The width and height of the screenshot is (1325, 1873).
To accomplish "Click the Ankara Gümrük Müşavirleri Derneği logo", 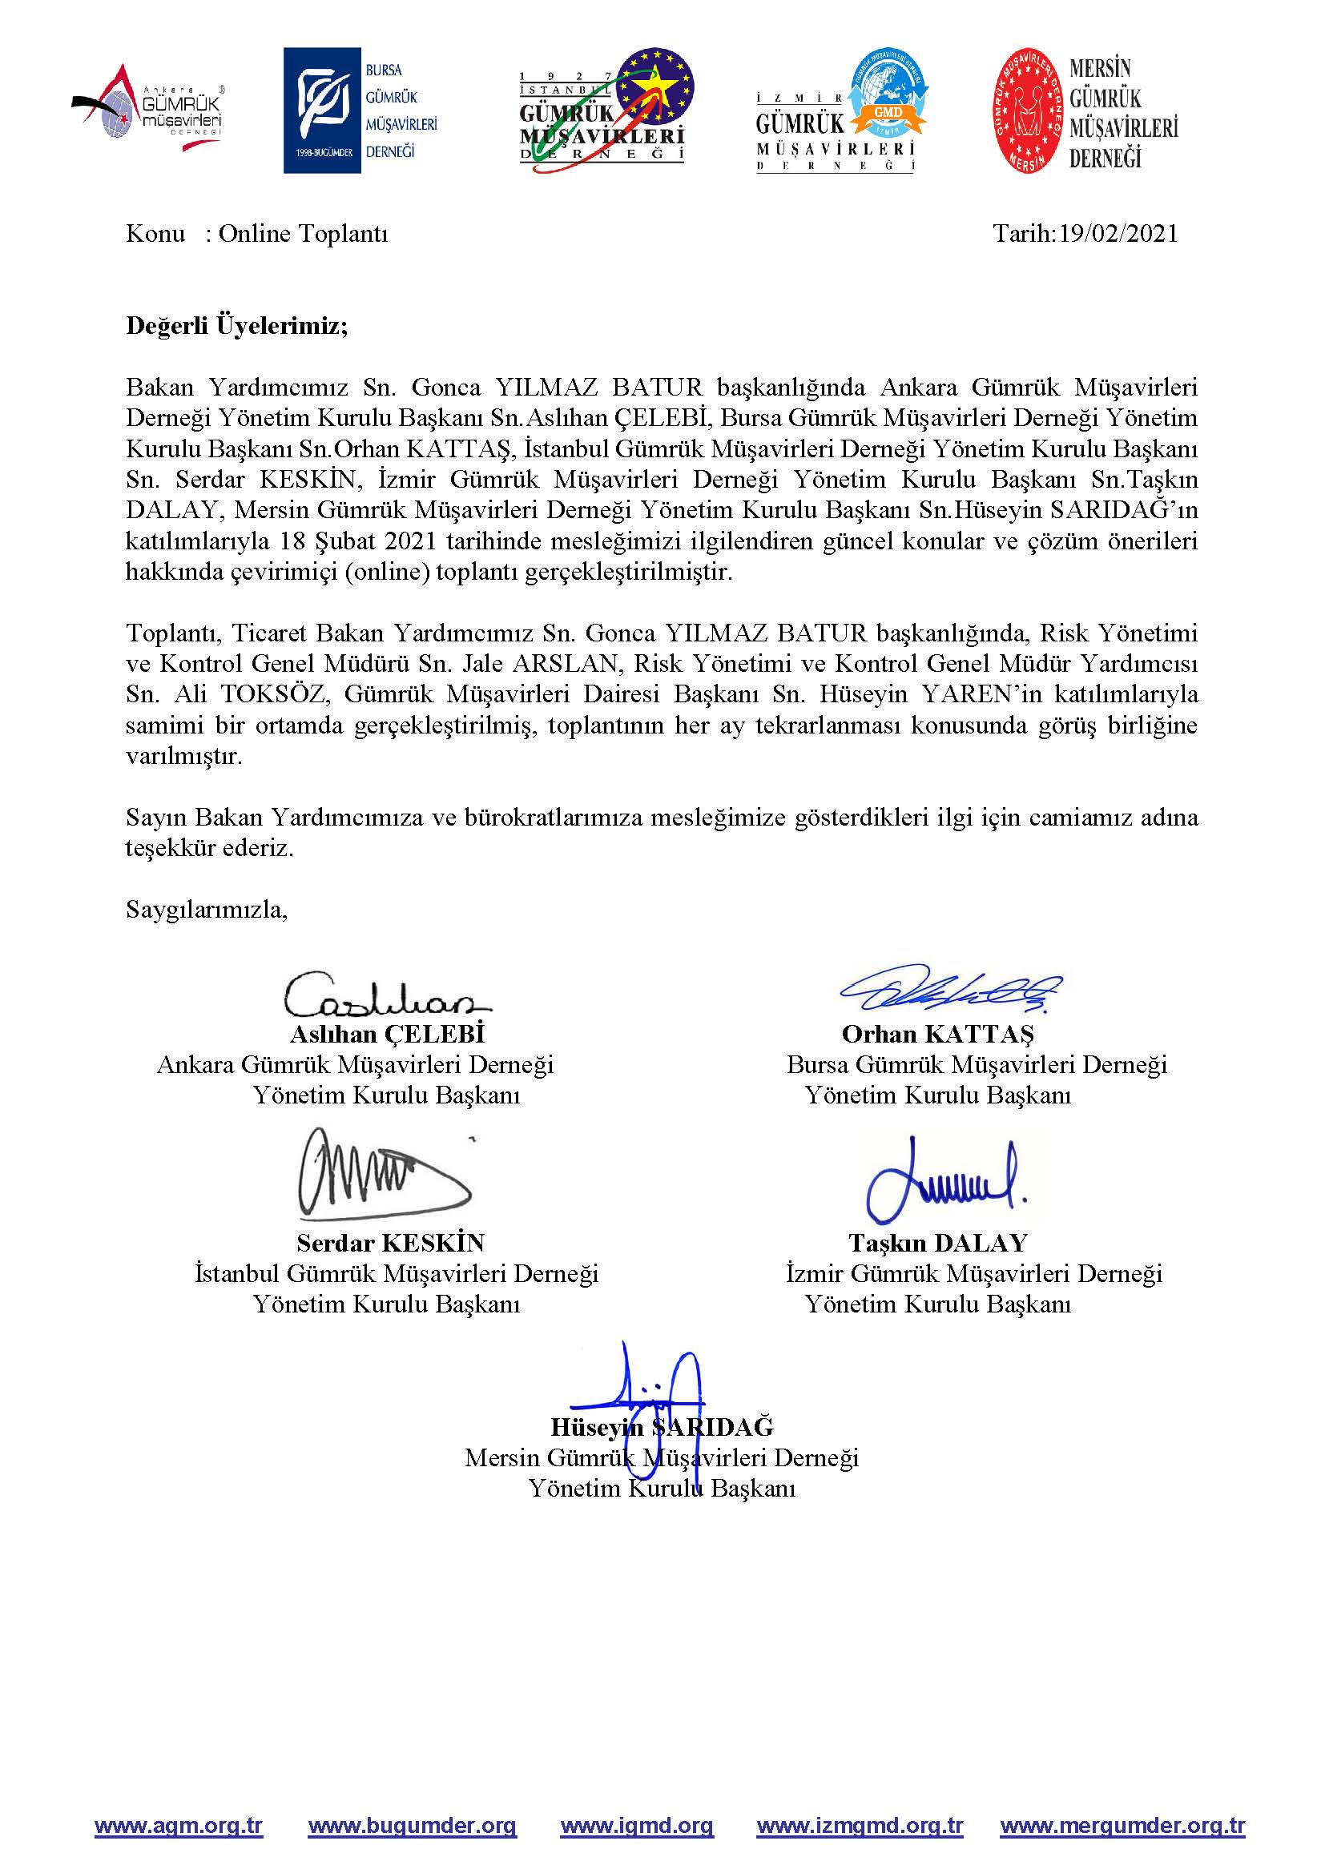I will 149,110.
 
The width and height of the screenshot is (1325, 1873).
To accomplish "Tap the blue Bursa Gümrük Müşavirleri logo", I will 360,111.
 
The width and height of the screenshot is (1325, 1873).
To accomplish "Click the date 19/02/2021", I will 1118,234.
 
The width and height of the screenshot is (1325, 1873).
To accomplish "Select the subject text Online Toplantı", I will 303,234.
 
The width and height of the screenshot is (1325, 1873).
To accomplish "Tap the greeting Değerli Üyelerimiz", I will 236,326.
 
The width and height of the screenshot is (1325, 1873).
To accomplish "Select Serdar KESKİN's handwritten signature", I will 382,1173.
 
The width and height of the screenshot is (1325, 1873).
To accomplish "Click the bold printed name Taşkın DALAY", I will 937,1244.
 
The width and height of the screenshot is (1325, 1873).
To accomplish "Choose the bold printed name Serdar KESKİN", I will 390,1244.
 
